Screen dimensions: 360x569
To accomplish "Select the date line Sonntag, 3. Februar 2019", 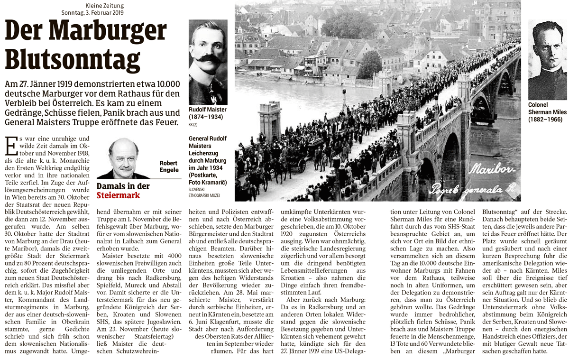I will pyautogui.click(x=92, y=12).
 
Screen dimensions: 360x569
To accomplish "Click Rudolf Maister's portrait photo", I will pyautogui.click(x=208, y=62).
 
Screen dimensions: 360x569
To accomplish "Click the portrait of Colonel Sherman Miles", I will pyautogui.click(x=547, y=59).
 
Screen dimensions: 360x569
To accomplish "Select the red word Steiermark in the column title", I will pyautogui.click(x=119, y=195).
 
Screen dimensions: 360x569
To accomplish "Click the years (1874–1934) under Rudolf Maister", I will pyautogui.click(x=205, y=117).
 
